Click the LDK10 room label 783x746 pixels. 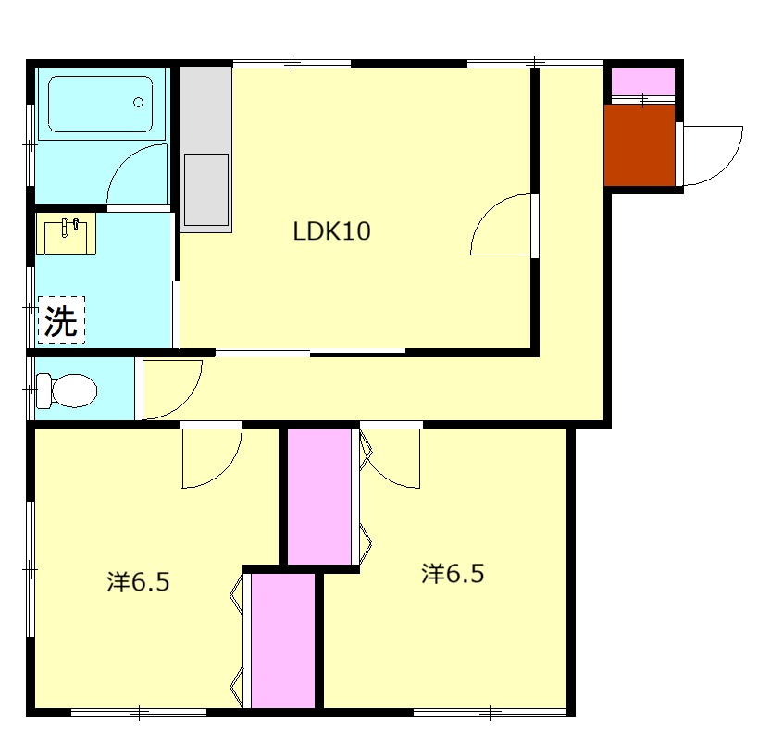pos(331,231)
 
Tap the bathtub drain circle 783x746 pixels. pos(138,103)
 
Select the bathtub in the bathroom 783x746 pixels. pos(100,104)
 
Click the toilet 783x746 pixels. pos(67,390)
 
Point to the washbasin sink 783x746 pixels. pos(66,233)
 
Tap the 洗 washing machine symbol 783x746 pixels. pos(61,320)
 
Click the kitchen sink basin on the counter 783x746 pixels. pos(206,190)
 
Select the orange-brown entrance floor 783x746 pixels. pos(640,144)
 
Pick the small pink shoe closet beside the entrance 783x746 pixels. pos(643,81)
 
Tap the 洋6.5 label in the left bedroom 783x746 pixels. pos(138,582)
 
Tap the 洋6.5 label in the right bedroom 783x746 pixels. pos(453,574)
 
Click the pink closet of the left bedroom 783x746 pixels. pos(282,640)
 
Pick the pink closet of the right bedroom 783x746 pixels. pos(319,496)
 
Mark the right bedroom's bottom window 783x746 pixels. pos(491,713)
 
